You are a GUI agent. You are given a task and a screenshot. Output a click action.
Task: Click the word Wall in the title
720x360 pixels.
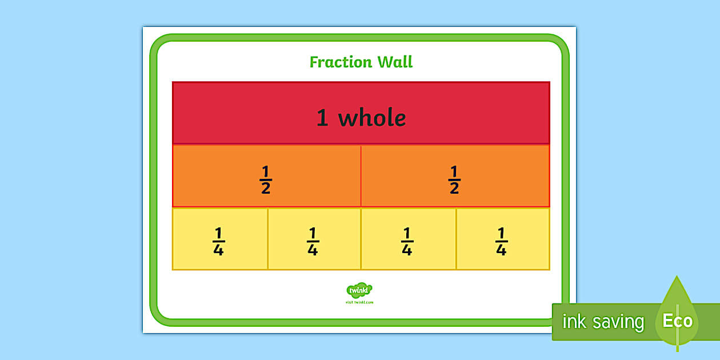[x=394, y=62]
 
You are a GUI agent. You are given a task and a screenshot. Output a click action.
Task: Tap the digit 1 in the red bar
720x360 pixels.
[x=322, y=118]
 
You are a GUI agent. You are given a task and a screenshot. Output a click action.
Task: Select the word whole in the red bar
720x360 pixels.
[x=372, y=118]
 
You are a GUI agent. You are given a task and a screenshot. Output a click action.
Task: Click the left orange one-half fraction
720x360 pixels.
[x=266, y=180]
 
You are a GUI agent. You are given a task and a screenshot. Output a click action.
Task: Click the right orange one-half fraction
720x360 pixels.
[x=454, y=180]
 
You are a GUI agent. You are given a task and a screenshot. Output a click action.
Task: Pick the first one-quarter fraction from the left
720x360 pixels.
[x=218, y=242]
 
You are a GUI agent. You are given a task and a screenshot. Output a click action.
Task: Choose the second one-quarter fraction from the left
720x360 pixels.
[x=313, y=242]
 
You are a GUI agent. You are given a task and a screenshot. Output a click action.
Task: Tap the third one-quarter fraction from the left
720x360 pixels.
[x=407, y=242]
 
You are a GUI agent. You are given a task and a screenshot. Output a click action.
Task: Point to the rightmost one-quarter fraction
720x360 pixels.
[x=501, y=242]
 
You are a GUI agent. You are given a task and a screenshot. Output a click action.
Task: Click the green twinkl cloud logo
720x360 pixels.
[x=359, y=290]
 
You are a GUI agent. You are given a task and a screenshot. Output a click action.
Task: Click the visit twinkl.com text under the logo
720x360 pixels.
[x=359, y=302]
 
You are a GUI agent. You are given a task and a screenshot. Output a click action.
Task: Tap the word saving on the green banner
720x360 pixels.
[x=618, y=322]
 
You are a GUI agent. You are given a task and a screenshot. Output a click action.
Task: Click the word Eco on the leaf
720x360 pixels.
[x=677, y=321]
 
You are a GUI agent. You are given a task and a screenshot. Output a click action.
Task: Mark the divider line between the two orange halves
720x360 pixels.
[x=361, y=176]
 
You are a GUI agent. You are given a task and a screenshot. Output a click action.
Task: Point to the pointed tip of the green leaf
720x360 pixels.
[x=677, y=277]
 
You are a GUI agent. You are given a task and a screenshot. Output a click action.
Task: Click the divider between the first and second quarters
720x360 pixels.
[x=267, y=239]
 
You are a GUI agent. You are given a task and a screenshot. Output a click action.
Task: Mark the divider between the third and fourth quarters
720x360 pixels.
[x=456, y=239]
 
